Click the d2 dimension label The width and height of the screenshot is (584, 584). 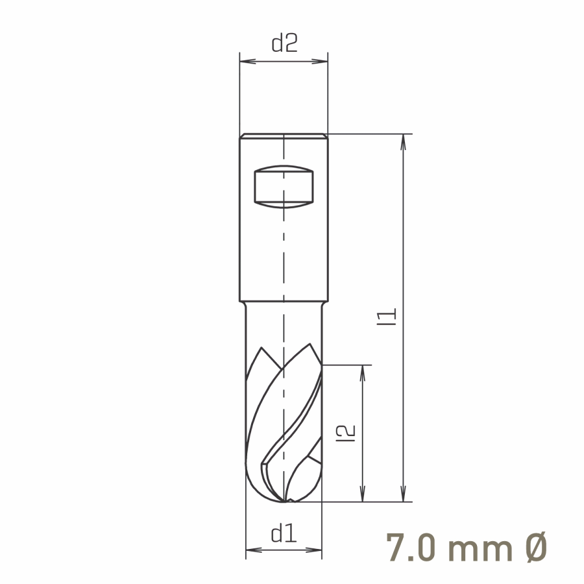tap(285, 43)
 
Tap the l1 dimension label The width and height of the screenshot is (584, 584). tap(387, 317)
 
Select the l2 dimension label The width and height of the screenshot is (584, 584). tap(346, 433)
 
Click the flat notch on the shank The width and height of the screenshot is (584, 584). tap(284, 187)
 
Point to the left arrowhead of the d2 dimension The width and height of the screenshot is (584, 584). tap(248, 62)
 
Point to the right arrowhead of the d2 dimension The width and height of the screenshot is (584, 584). tap(319, 62)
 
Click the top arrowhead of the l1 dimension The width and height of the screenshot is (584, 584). tap(403, 142)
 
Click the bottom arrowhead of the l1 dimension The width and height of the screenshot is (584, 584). tap(403, 494)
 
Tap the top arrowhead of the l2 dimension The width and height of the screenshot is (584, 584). tap(362, 373)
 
